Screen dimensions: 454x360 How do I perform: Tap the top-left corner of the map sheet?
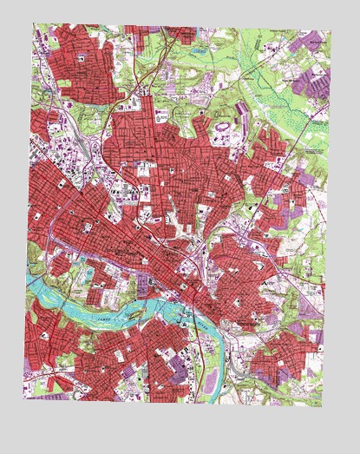36,23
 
